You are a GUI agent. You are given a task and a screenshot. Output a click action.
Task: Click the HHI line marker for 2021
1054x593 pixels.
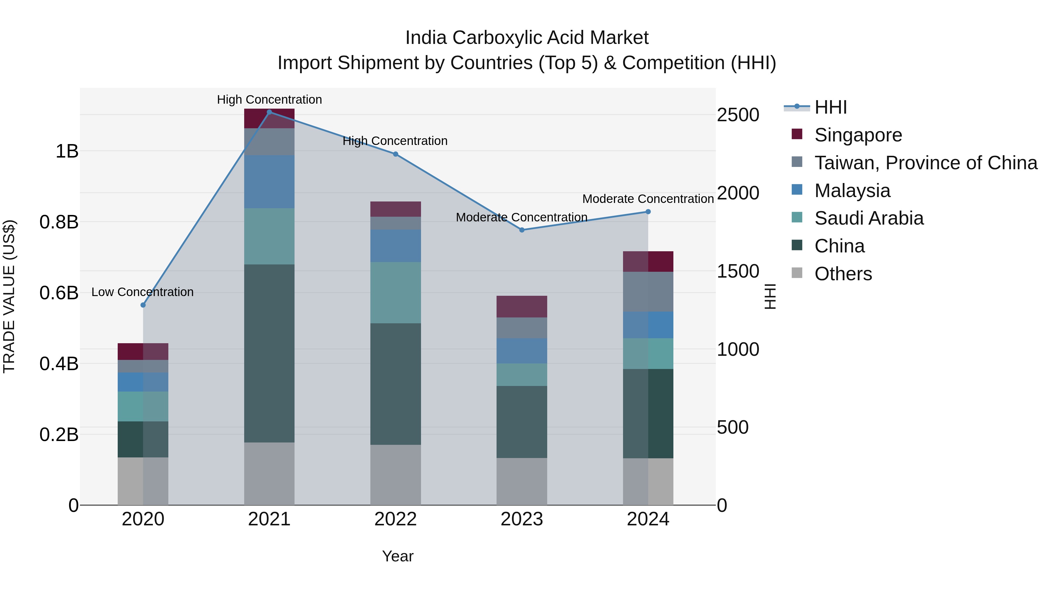(x=269, y=112)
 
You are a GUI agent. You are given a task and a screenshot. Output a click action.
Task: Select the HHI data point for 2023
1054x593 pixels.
(x=522, y=230)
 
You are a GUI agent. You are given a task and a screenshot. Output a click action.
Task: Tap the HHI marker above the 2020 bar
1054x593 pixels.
(x=143, y=305)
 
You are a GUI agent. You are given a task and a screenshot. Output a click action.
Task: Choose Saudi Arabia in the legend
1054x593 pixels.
(x=869, y=218)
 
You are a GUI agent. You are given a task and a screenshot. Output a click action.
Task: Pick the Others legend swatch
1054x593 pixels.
(x=797, y=273)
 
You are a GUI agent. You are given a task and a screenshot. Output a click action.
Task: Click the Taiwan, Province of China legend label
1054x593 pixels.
(x=925, y=163)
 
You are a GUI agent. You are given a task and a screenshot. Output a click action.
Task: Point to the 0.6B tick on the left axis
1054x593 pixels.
(x=59, y=293)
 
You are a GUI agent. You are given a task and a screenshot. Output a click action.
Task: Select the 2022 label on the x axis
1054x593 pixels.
(x=395, y=519)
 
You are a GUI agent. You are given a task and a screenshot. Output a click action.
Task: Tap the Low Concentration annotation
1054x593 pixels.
(x=142, y=292)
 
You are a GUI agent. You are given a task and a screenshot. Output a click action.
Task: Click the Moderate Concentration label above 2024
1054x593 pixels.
(x=648, y=199)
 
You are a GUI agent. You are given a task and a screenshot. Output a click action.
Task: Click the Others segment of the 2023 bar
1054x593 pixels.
(x=522, y=481)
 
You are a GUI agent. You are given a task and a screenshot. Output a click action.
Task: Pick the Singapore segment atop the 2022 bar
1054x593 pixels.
(x=395, y=209)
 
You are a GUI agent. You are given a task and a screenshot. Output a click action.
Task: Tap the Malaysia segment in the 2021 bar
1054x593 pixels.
(x=269, y=181)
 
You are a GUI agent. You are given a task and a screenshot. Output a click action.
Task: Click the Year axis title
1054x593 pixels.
(x=397, y=556)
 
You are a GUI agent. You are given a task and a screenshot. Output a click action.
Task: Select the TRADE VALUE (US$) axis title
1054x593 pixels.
(x=9, y=296)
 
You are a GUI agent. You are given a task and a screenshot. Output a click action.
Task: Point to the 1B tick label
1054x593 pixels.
(x=67, y=151)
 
